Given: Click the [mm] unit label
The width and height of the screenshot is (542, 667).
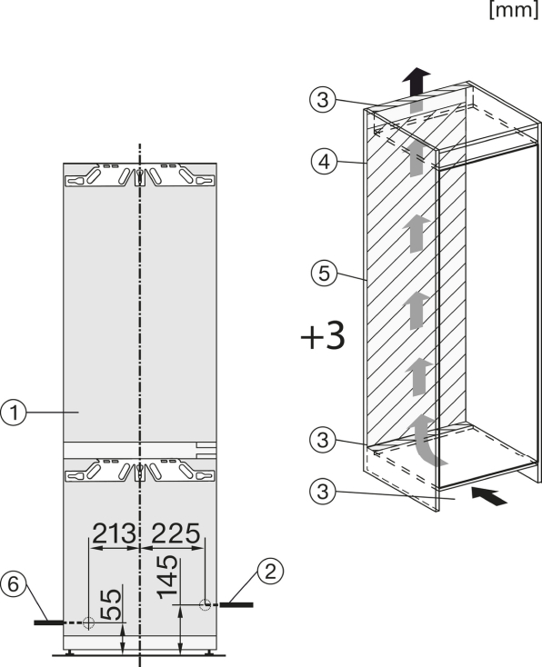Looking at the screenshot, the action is [x=514, y=9].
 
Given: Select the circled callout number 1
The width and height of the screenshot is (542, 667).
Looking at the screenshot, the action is [x=14, y=413].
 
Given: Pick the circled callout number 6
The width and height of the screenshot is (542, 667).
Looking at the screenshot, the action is [x=14, y=584].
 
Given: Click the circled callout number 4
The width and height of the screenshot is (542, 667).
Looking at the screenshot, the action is [x=324, y=162].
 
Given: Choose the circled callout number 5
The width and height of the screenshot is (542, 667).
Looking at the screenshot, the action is [x=324, y=274].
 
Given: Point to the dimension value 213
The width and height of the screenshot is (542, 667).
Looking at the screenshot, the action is [x=114, y=533].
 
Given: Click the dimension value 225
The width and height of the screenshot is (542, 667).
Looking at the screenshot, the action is [x=176, y=533].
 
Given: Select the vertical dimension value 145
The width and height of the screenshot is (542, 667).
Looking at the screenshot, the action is [x=167, y=577].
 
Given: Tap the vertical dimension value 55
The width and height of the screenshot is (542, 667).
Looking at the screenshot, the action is [x=111, y=604].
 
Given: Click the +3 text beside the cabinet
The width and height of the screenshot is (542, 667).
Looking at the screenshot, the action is [x=322, y=336].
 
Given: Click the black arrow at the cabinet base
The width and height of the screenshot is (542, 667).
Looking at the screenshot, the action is [x=488, y=496].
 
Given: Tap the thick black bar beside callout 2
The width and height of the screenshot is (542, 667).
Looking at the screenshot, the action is [x=236, y=604].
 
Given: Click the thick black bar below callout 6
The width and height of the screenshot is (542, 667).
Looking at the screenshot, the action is [x=50, y=622].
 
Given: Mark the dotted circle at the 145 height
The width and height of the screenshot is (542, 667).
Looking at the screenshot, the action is [x=206, y=604].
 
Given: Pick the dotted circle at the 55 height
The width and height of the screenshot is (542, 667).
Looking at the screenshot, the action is [x=88, y=622].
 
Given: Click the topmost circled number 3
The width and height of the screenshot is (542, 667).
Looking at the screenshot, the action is [x=323, y=100].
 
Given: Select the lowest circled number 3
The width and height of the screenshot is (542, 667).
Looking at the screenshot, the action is [x=323, y=492].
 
